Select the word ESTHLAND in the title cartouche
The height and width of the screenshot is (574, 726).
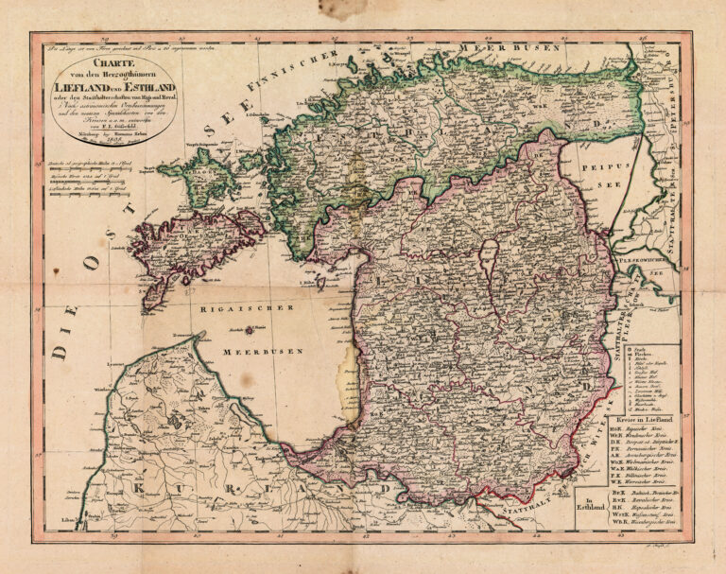pyautogui.click(x=143, y=86)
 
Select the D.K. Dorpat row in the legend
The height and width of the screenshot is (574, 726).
pyautogui.click(x=643, y=440)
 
